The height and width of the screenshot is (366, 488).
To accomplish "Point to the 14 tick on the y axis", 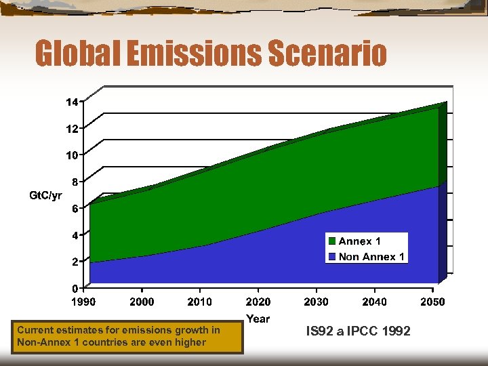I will click(72, 102).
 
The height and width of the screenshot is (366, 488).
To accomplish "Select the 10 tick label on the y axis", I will click(72, 155).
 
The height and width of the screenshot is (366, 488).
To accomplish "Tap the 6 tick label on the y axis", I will click(75, 209).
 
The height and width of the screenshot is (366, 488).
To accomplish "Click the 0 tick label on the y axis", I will click(75, 288).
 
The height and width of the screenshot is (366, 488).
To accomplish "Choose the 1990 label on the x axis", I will click(84, 302).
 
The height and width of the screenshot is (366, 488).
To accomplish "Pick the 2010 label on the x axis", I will click(200, 302).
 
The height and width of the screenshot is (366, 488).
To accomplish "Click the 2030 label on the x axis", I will click(317, 302).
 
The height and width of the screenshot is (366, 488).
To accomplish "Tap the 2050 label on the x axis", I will click(432, 302).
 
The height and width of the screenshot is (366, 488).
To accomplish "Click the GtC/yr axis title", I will click(45, 196).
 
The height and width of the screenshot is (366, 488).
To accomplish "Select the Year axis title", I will click(258, 319).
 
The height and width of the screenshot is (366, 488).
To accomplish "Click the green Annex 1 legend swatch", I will click(332, 241).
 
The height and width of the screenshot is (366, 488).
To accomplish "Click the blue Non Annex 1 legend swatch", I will click(332, 257).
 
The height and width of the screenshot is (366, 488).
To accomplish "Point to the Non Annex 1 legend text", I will click(371, 257).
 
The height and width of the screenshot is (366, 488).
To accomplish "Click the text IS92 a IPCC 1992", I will click(358, 331).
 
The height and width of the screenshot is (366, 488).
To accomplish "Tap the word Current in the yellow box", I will click(36, 330).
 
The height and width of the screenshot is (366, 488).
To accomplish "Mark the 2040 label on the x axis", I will click(375, 302).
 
